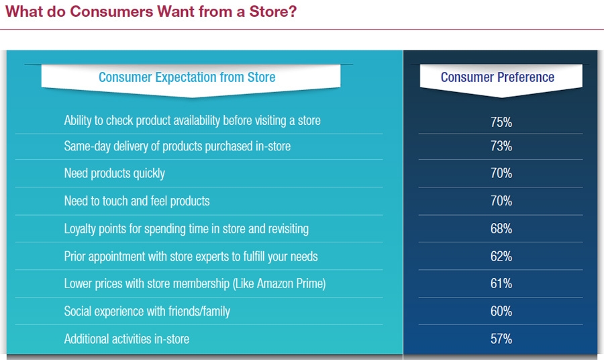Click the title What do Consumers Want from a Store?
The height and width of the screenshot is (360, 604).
[151, 11]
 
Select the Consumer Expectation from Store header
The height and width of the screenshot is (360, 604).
[187, 77]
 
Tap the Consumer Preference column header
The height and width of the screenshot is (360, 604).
[497, 77]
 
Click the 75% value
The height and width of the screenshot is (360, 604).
[501, 122]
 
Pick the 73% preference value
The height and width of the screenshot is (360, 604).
[501, 146]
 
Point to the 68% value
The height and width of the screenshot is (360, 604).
[501, 228]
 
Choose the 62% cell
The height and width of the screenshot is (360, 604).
[501, 257]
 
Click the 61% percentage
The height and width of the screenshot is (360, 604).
[501, 283]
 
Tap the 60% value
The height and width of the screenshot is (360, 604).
[501, 311]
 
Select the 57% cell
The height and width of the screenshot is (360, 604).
[501, 339]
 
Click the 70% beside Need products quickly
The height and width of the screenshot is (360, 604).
[501, 173]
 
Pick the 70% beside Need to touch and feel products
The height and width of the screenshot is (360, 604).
[501, 201]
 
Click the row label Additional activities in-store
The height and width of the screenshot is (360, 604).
[127, 339]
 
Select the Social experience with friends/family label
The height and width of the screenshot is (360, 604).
[147, 312]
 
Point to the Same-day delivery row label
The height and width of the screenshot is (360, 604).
[177, 146]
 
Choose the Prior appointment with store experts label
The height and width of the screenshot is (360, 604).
[191, 257]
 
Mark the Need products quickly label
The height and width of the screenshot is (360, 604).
[114, 173]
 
